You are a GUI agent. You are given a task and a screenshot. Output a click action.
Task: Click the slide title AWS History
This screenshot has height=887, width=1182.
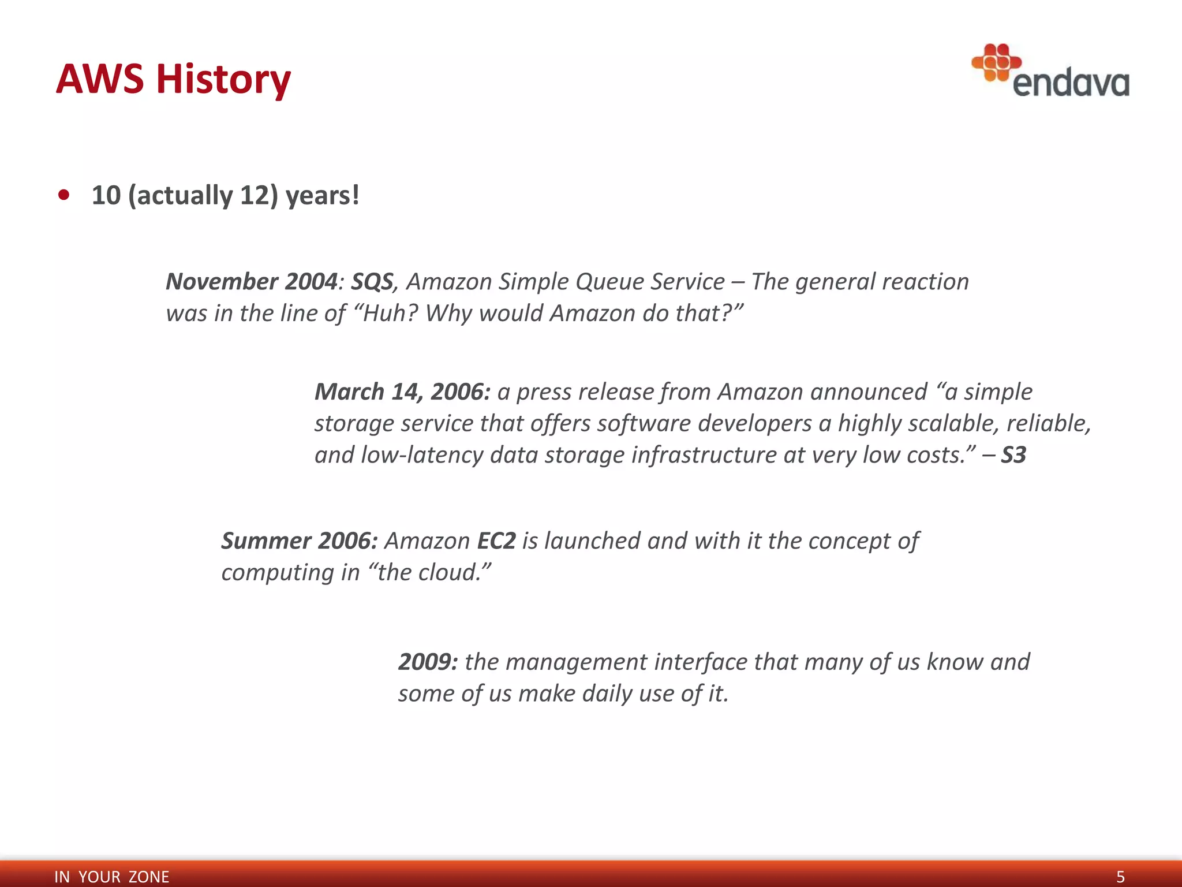(x=173, y=79)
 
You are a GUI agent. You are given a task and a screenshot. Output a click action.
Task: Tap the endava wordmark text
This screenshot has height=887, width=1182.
(x=1071, y=84)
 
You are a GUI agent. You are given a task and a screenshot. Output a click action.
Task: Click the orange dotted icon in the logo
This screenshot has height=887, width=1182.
(x=996, y=62)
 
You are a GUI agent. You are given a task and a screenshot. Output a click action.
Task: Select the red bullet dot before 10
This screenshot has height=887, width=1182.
(x=64, y=195)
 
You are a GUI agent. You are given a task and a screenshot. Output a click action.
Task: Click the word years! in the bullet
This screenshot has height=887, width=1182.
(x=323, y=195)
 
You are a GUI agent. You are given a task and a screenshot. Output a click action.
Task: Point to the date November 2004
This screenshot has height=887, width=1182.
(x=251, y=282)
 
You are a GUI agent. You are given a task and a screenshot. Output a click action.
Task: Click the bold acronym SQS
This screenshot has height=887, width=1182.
(x=372, y=282)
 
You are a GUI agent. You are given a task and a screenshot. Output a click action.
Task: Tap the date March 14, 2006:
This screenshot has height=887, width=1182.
(x=402, y=392)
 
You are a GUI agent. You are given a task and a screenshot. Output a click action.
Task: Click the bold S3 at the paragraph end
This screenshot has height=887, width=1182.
(x=1013, y=455)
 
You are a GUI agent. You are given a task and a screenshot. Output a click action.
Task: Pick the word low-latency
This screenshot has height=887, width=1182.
(x=422, y=455)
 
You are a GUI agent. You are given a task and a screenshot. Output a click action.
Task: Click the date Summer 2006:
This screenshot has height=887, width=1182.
(x=300, y=541)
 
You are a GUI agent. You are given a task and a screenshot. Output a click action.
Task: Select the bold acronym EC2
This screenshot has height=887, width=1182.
(x=496, y=541)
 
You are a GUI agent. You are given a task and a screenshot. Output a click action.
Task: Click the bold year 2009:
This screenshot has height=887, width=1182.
(x=428, y=662)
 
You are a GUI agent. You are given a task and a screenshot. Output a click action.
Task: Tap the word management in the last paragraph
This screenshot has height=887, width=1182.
(x=576, y=662)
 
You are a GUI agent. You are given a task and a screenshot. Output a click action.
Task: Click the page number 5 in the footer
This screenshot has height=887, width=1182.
(x=1120, y=877)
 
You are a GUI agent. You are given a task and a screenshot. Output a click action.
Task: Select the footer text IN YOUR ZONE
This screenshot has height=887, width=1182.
(x=111, y=877)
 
